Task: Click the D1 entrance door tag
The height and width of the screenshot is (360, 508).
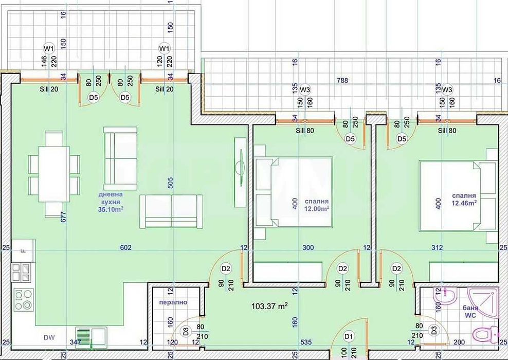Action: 350,337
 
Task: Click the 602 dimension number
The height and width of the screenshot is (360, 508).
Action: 125,248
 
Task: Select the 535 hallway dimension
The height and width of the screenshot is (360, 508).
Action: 306,341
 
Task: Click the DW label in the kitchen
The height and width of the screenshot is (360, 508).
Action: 49,338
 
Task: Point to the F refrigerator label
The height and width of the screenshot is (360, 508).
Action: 23,250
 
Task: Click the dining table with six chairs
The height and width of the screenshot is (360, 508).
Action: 54,174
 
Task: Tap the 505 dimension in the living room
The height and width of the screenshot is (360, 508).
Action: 170,184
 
